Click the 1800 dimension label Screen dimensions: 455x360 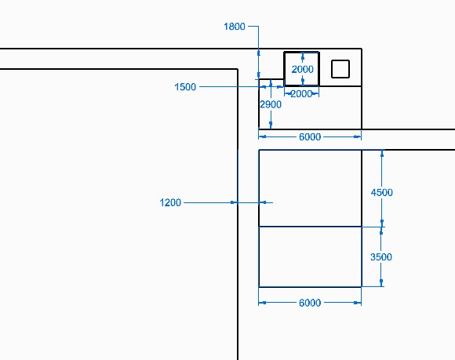click(235, 27)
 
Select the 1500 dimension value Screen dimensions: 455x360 click(185, 87)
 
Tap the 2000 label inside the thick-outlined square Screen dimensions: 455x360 click(302, 69)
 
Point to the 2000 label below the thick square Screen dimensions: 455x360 click(301, 93)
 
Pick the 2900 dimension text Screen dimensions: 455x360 click(271, 104)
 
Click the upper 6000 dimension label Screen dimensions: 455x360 click(310, 136)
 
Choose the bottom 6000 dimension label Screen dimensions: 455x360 click(310, 303)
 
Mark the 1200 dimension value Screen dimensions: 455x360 click(170, 202)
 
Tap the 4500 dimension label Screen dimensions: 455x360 click(382, 192)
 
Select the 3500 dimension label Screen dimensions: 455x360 click(381, 256)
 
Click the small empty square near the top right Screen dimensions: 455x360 click(340, 69)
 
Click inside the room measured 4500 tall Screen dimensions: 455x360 click(310, 188)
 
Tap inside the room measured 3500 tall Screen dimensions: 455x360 click(310, 256)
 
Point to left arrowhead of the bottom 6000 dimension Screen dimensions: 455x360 click(262, 303)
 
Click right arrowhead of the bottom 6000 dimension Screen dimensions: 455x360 click(358, 303)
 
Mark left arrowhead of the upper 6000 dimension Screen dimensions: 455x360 click(262, 136)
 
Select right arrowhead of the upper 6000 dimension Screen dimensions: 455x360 click(358, 136)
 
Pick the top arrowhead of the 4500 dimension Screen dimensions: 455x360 click(382, 154)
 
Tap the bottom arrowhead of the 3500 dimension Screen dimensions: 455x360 click(381, 283)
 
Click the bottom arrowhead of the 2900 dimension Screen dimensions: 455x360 click(271, 125)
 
